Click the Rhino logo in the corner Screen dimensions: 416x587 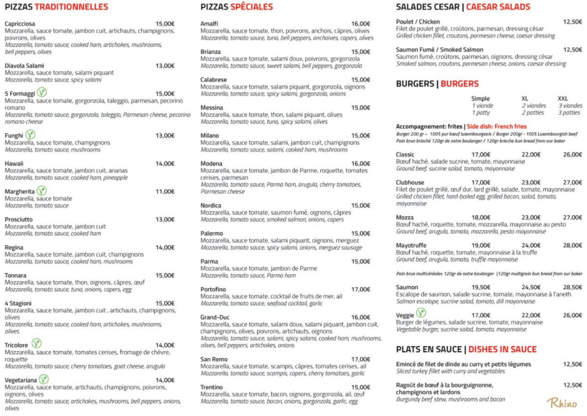[x=562, y=403]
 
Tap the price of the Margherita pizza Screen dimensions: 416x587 [x=165, y=191]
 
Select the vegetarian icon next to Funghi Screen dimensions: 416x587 [x=30, y=135]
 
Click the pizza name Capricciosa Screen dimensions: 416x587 [x=20, y=24]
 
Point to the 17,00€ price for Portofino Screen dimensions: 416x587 [x=360, y=289]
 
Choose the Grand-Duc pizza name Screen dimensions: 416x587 [x=215, y=317]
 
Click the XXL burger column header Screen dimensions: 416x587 [x=563, y=98]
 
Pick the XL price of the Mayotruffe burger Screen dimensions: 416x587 [x=531, y=245]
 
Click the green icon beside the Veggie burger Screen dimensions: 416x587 [x=421, y=314]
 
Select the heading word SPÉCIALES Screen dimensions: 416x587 [x=252, y=7]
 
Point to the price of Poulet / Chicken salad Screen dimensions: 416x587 [x=572, y=22]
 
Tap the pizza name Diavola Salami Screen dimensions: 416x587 [x=24, y=66]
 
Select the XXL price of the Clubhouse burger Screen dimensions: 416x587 [x=572, y=182]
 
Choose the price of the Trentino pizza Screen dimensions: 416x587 [x=360, y=387]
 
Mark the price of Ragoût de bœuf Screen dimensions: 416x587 [x=572, y=385]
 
